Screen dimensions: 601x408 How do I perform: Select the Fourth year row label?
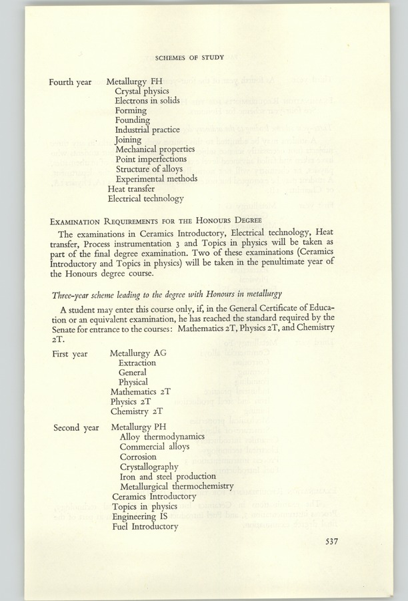70,82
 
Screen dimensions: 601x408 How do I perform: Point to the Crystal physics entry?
142,91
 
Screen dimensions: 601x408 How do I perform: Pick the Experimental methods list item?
157,178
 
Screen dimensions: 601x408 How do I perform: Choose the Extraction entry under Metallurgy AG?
137,363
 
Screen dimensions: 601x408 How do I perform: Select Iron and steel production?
168,476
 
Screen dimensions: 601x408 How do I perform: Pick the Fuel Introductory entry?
145,526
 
